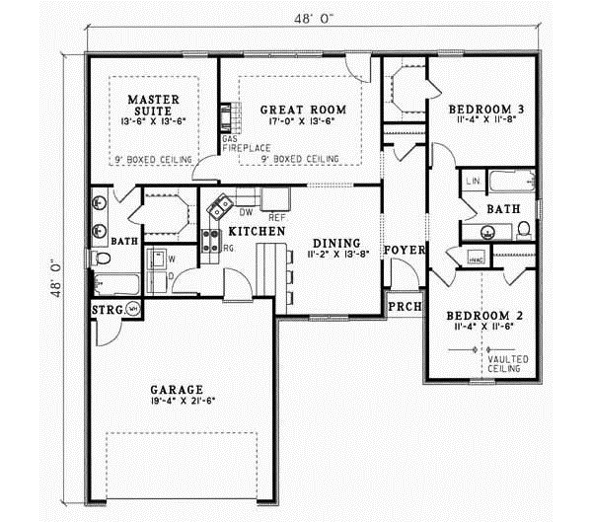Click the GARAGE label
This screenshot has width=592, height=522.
pyautogui.click(x=178, y=389)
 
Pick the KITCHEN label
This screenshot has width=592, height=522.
pyautogui.click(x=258, y=231)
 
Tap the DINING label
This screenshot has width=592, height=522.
pyautogui.click(x=335, y=243)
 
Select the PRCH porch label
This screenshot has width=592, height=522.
pyautogui.click(x=403, y=307)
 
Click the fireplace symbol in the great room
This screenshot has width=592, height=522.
pyautogui.click(x=227, y=116)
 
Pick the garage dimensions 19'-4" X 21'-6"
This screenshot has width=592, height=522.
pyautogui.click(x=178, y=403)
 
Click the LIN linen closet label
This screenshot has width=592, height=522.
pyautogui.click(x=473, y=182)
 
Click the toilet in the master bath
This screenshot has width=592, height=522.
pyautogui.click(x=100, y=260)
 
